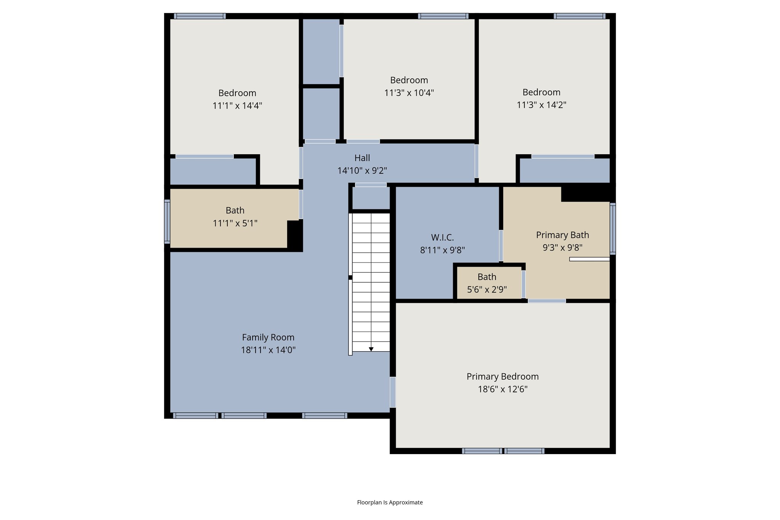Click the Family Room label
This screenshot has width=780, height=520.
268,337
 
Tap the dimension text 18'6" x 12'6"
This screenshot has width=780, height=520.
503,389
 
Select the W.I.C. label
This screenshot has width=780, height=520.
442,237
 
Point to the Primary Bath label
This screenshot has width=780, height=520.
563,235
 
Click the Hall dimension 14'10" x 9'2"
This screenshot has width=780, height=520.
362,171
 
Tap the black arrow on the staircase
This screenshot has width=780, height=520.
371,349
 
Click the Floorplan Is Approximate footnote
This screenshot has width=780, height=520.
390,502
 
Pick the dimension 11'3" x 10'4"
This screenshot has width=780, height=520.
409,93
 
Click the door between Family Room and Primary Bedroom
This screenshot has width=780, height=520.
393,392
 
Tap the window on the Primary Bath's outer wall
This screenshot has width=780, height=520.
612,229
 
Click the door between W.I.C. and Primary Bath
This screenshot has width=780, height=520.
501,245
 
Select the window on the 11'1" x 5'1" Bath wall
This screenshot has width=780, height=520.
167,221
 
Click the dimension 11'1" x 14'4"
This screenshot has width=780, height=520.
237,106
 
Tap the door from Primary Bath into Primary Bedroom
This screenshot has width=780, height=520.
547,301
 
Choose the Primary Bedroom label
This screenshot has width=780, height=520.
503,376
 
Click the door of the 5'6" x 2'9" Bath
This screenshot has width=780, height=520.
524,284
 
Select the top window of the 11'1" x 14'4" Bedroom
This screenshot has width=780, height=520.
200,16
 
